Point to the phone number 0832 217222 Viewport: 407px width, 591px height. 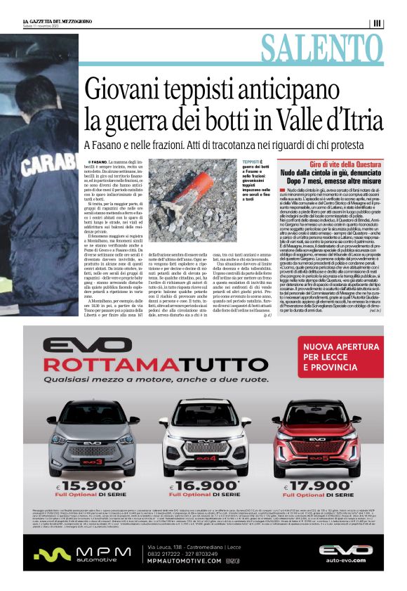pos(165,554)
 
